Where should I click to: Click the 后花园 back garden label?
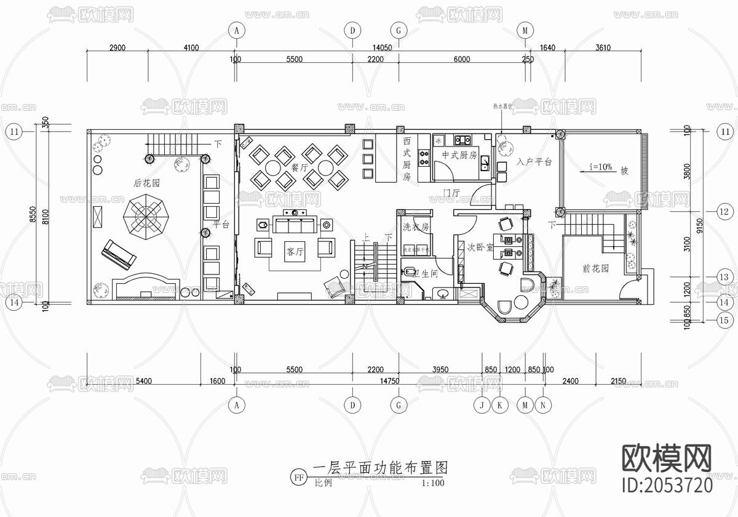(147, 183)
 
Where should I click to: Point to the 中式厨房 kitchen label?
(459, 155)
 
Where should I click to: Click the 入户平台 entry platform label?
(533, 162)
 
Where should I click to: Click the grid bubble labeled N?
(542, 405)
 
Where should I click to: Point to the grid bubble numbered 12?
(725, 212)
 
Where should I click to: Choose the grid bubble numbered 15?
(725, 319)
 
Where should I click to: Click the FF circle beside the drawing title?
(300, 477)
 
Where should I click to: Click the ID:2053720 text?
(668, 484)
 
